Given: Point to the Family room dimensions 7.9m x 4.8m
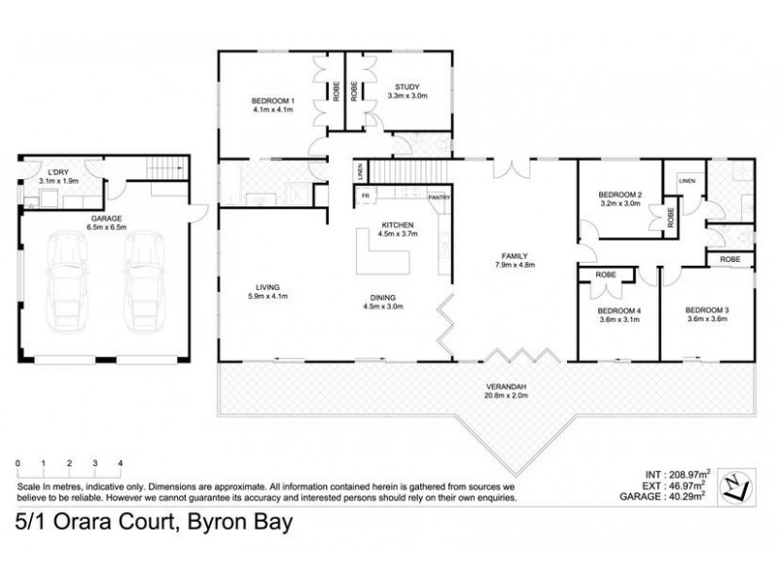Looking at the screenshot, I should [514, 264].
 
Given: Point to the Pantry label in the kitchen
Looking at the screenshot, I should [439, 197].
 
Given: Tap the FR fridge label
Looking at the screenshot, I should [366, 197].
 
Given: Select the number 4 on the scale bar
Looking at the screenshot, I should [120, 463].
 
